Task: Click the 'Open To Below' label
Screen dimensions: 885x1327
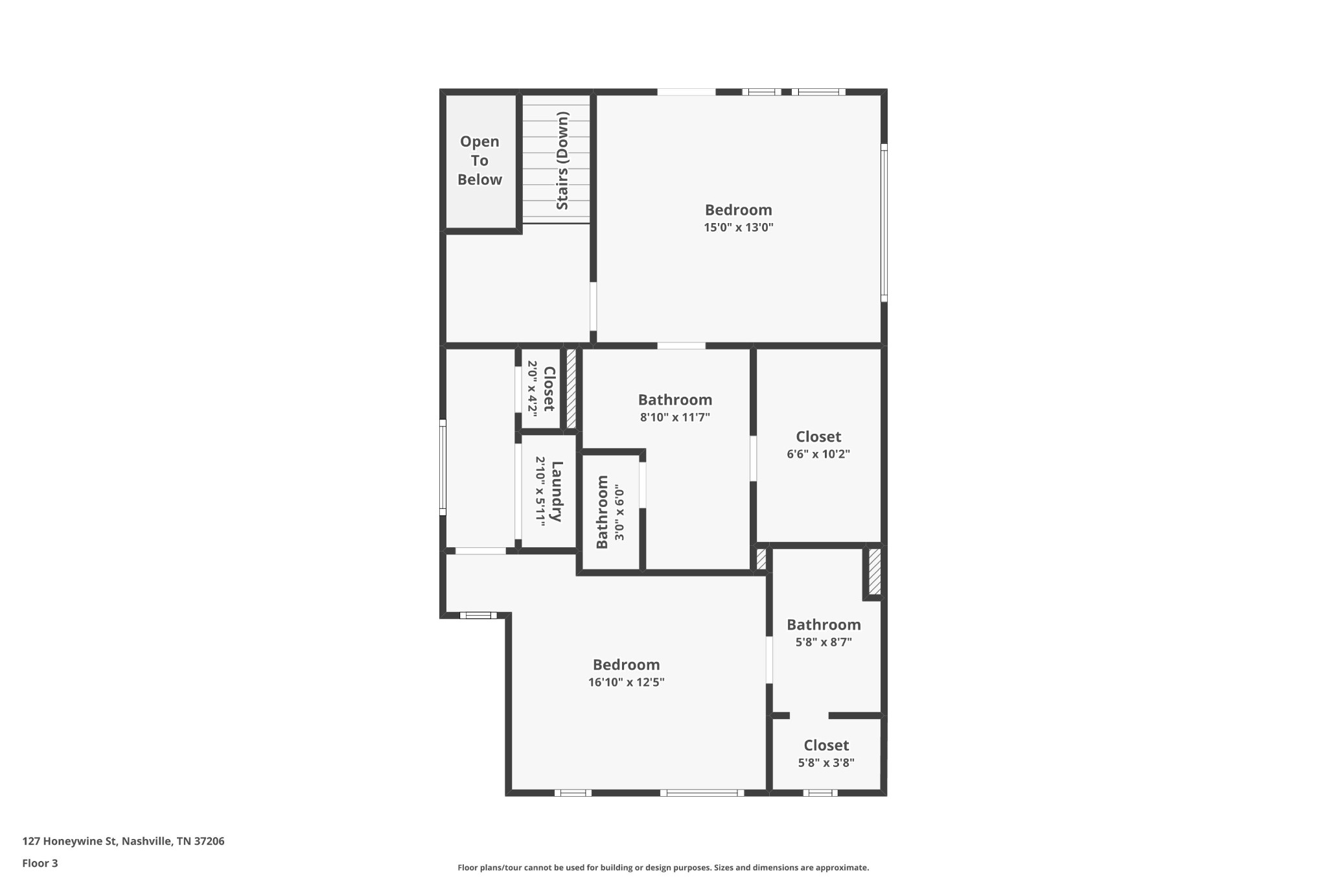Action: (479, 161)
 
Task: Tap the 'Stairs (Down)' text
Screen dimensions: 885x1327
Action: (562, 161)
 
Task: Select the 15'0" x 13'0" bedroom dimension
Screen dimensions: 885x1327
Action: (739, 228)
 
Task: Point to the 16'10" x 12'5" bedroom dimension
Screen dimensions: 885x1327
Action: (626, 682)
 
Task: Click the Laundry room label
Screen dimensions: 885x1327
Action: (556, 491)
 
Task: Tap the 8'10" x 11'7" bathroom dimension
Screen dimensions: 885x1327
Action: (675, 418)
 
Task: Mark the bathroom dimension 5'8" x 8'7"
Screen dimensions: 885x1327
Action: (824, 642)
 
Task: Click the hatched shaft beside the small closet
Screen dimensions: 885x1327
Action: (571, 389)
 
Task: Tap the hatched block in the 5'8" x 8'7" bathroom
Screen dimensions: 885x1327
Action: (874, 571)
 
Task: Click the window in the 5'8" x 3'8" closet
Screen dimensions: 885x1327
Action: (820, 792)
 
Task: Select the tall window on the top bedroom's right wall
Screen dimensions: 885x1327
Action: (883, 222)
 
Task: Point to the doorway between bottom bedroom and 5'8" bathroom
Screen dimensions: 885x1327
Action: (769, 660)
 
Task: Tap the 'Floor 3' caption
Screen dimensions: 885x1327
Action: (40, 863)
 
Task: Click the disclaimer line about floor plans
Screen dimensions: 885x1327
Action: (663, 867)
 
